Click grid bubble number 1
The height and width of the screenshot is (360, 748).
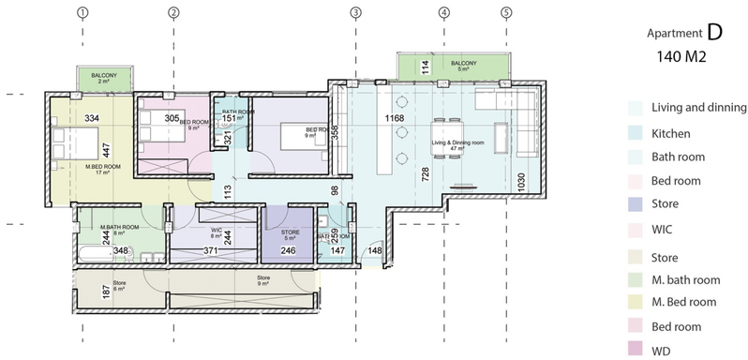(83, 13)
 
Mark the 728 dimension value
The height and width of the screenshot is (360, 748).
(426, 174)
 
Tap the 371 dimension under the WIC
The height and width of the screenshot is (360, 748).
(213, 251)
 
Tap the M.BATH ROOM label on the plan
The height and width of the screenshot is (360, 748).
(120, 227)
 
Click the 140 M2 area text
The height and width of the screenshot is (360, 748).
(681, 57)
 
